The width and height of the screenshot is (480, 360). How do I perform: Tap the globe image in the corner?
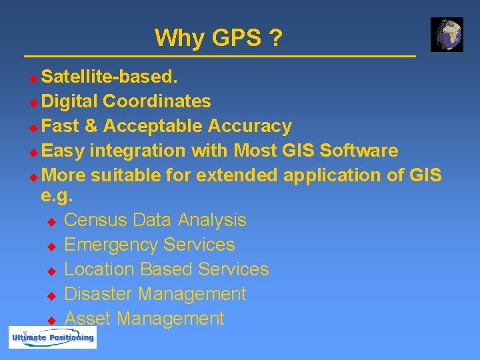tap(447, 35)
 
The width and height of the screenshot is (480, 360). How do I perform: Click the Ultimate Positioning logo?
tap(53, 338)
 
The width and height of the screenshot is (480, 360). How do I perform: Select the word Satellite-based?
tap(109, 77)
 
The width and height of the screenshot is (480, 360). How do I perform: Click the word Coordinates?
tap(157, 101)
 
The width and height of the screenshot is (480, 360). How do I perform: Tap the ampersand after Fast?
tap(91, 126)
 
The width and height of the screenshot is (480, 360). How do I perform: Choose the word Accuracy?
tap(250, 126)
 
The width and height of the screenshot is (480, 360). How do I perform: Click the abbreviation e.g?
tap(57, 197)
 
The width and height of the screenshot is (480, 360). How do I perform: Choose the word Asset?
tap(89, 319)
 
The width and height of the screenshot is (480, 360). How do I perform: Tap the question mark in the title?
tap(275, 38)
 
